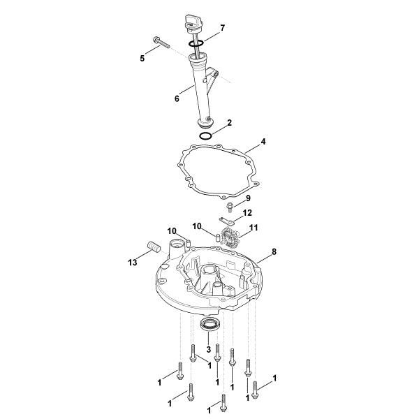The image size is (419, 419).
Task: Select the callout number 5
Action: click(x=142, y=59)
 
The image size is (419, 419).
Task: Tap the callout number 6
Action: click(x=177, y=98)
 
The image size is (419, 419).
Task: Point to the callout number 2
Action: click(x=229, y=122)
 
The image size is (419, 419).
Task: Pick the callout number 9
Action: click(x=247, y=198)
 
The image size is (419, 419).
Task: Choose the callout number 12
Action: click(x=247, y=212)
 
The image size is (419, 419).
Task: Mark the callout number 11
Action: click(x=253, y=228)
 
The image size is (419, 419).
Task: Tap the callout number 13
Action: click(x=132, y=262)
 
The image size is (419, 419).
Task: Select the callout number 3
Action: click(x=208, y=348)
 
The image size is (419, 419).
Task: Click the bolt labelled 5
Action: click(x=160, y=43)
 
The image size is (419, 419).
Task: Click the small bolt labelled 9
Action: click(x=229, y=206)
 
